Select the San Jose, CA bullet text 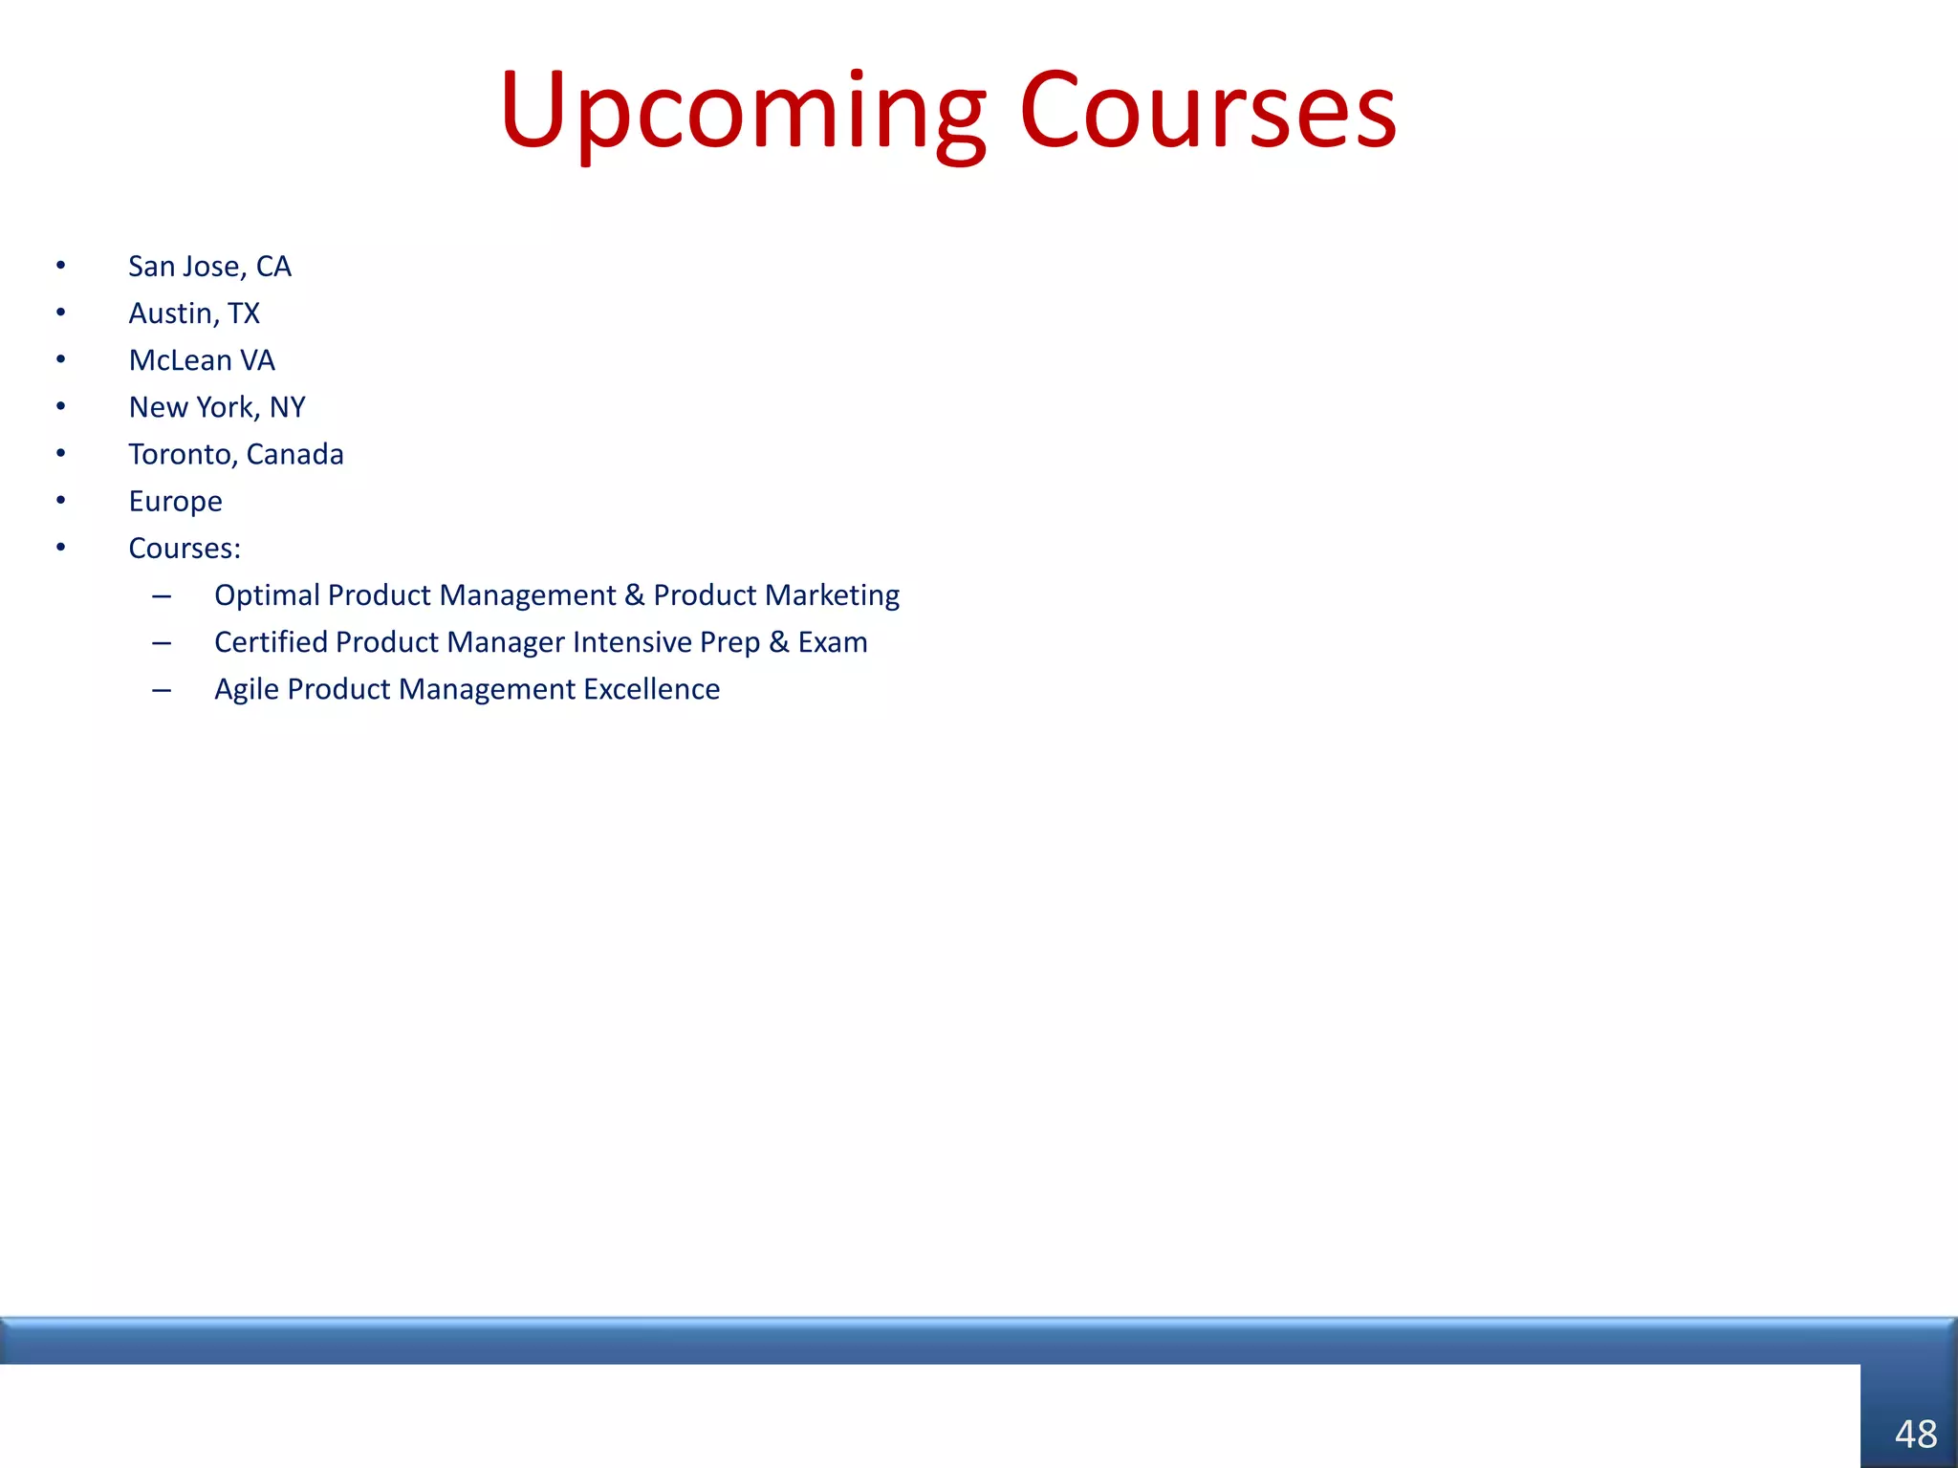(209, 267)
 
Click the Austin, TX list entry (194, 313)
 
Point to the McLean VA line (202, 360)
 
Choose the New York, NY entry (217, 407)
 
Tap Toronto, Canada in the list (236, 454)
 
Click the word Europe (175, 502)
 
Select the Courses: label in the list (185, 549)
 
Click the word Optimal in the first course (267, 595)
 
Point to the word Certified (271, 642)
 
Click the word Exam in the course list (833, 642)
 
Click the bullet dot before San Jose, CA (60, 265)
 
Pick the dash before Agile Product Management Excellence (162, 690)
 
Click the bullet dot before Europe (60, 500)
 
